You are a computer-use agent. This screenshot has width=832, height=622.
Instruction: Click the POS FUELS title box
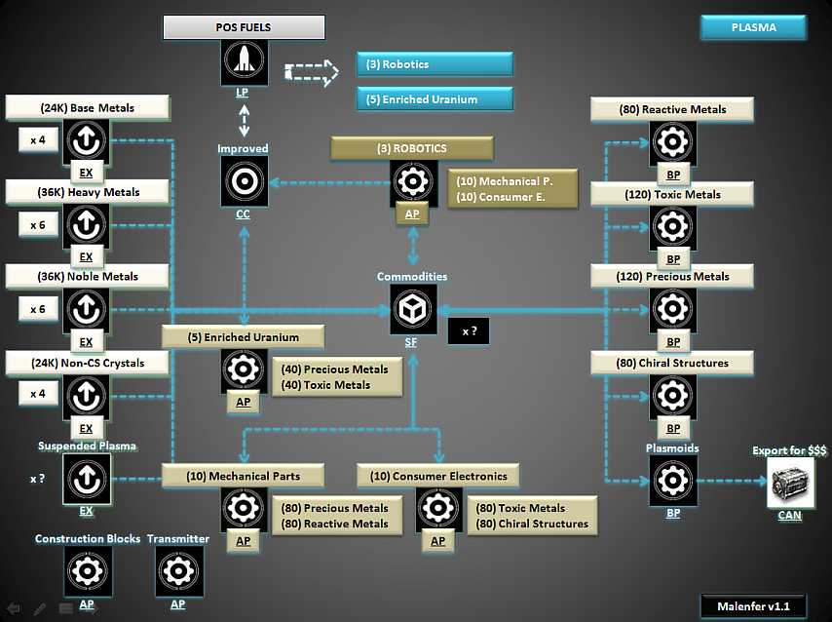242,27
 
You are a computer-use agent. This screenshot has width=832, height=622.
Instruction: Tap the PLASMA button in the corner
753,27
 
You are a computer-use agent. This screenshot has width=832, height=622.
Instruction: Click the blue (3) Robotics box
434,64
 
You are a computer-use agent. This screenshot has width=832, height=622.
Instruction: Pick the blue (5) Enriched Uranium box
434,98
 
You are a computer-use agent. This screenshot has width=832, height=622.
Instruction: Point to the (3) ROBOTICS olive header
412,148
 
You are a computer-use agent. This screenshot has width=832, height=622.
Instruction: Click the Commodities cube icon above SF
413,310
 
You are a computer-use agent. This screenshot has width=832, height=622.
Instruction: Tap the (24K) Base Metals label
88,107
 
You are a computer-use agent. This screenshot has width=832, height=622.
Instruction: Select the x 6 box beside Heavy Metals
38,224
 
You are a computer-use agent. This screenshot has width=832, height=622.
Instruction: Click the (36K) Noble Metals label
88,276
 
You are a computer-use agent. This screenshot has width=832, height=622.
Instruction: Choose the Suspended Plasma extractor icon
87,479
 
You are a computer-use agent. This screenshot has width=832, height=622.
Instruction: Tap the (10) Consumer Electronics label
438,476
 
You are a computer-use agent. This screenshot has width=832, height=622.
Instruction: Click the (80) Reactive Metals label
672,109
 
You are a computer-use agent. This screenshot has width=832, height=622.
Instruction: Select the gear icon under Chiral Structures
673,397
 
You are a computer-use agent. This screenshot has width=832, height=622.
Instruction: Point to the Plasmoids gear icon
673,480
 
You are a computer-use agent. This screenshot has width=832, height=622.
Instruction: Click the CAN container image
790,484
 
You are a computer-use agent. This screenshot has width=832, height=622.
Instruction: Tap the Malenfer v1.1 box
753,606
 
